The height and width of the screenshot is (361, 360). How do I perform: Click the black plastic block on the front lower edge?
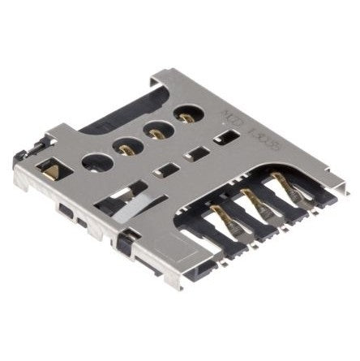pos(125,244)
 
